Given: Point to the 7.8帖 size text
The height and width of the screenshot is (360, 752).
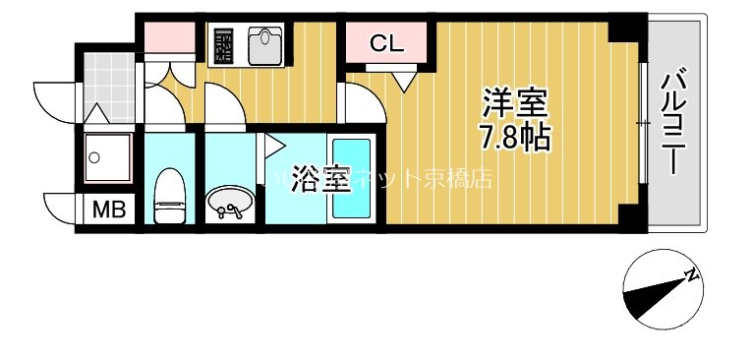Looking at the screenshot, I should click(513, 139).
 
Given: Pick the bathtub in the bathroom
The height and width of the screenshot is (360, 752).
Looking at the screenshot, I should click(349, 178).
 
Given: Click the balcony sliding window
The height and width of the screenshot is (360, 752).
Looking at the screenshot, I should click(642, 123).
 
